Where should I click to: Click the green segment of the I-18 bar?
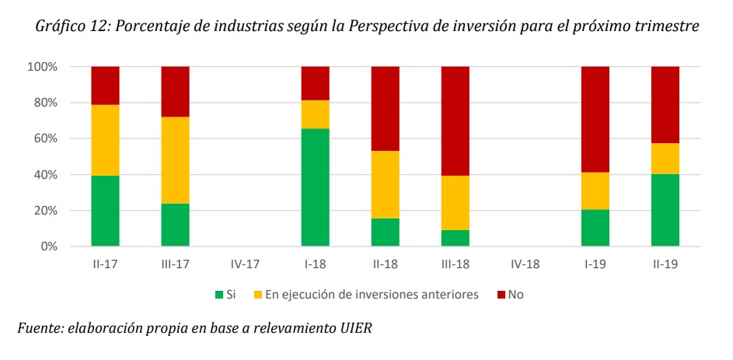point(316,187)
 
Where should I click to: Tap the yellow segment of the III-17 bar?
point(175,160)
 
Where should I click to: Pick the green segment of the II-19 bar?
point(665,210)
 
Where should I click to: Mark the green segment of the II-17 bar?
point(105,211)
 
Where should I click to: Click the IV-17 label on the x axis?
point(245,264)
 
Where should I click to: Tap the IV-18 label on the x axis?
point(525,264)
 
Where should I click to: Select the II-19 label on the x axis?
point(665,264)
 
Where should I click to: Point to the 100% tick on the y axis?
point(43,67)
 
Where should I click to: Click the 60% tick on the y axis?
point(45,139)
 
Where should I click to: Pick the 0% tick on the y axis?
point(48,246)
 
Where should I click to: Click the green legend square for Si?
point(219,295)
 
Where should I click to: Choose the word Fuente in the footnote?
point(38,328)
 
